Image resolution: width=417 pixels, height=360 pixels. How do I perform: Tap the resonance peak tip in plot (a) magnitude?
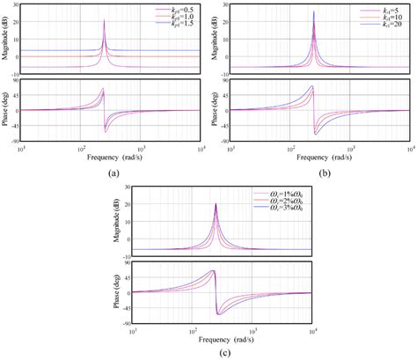tap(104, 19)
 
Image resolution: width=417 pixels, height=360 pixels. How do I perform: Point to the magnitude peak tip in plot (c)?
tap(216, 203)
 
